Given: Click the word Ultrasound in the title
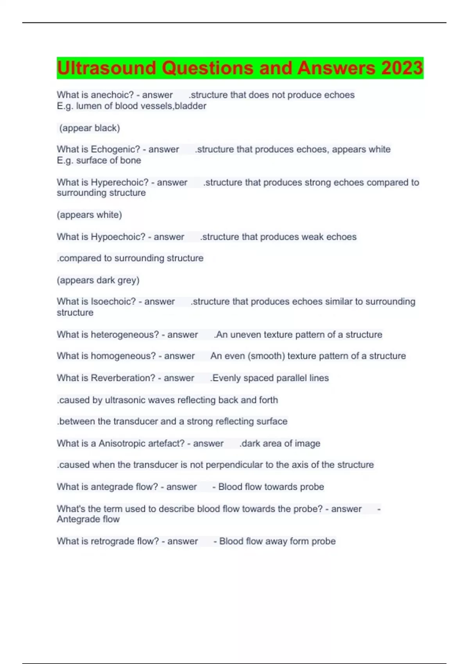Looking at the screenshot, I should tap(106, 68).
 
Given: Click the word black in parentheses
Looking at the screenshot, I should tap(106, 128).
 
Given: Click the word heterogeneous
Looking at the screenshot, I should tap(125, 335).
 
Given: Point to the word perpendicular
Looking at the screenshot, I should tap(234, 465).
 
